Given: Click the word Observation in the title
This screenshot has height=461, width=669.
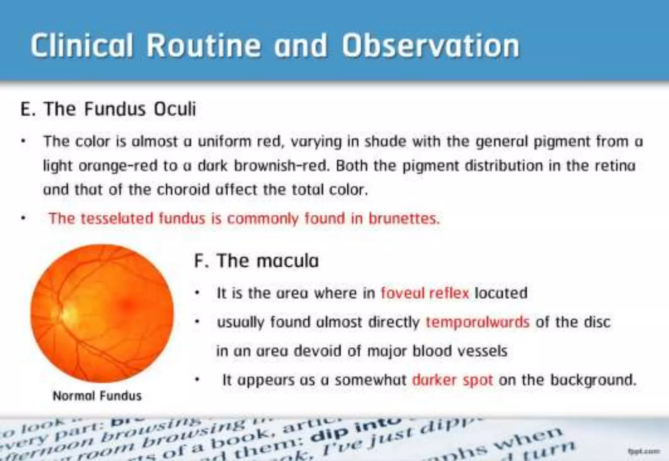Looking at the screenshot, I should pyautogui.click(x=430, y=46).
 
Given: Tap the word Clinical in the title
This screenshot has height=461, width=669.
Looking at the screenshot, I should pyautogui.click(x=82, y=46).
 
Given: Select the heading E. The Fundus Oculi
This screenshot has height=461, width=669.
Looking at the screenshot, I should pyautogui.click(x=108, y=109).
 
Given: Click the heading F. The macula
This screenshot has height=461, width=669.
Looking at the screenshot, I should pyautogui.click(x=256, y=261).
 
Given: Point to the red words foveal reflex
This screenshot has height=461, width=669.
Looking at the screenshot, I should pyautogui.click(x=425, y=293).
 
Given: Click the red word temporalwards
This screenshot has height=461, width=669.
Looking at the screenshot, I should pyautogui.click(x=477, y=322).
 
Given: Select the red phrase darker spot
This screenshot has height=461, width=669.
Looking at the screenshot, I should pyautogui.click(x=452, y=380).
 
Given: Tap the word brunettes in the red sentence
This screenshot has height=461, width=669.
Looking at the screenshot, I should pyautogui.click(x=404, y=219).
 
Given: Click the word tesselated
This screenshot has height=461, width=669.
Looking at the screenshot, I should pyautogui.click(x=117, y=219).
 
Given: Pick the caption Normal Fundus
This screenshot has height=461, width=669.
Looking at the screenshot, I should pyautogui.click(x=97, y=396).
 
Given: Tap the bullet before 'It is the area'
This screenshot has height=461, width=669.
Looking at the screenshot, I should pyautogui.click(x=197, y=293).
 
